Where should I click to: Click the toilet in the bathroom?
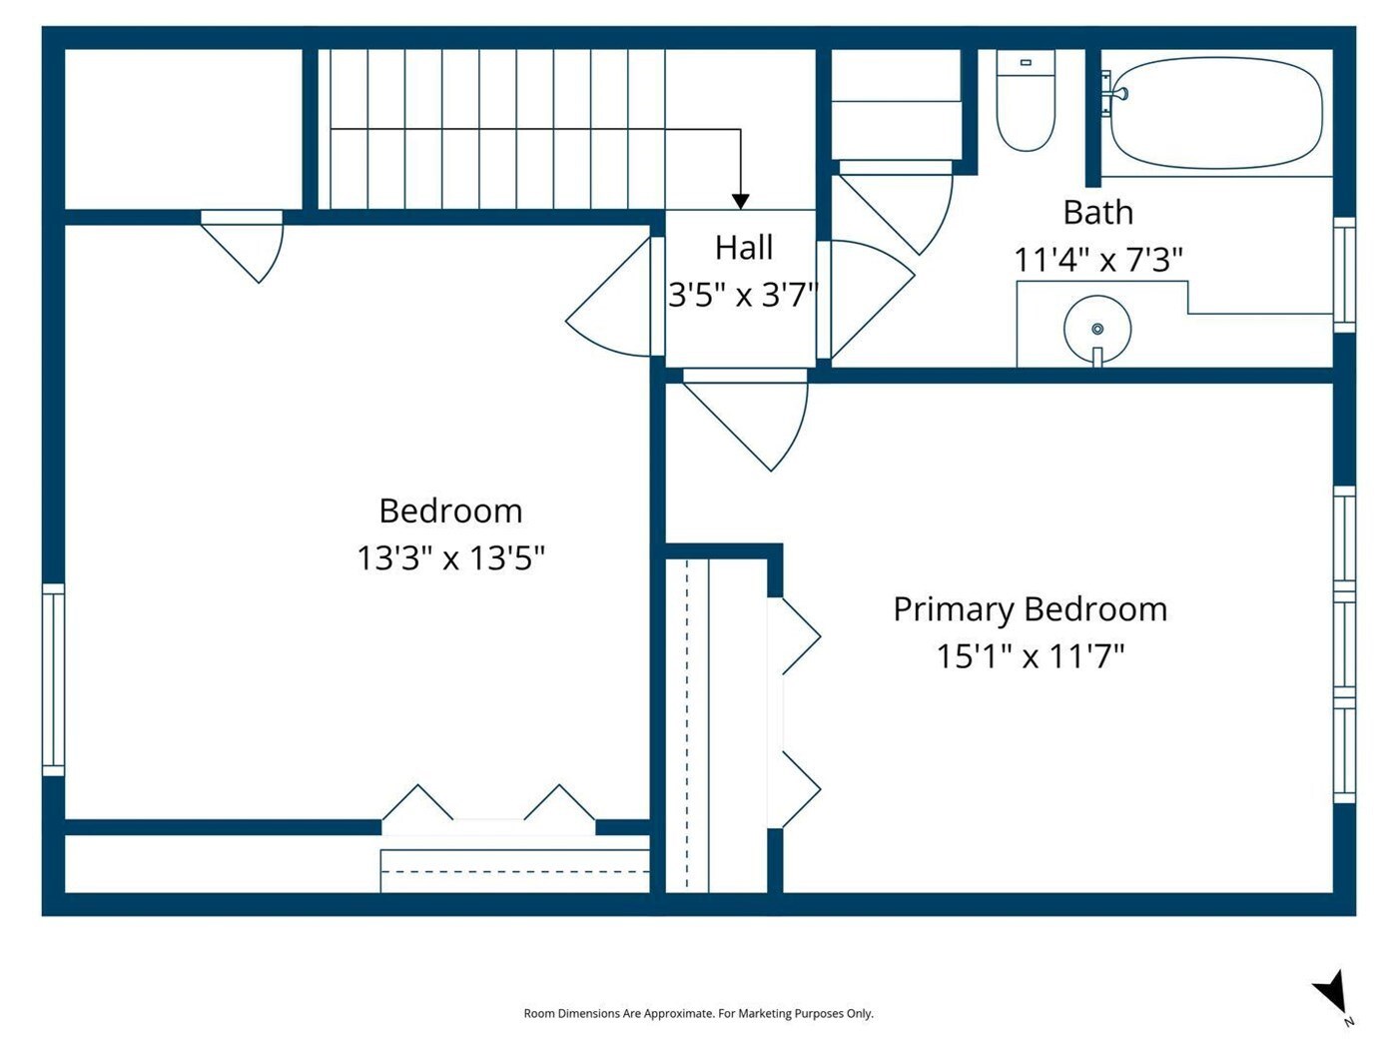(1026, 101)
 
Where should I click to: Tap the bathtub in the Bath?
(1216, 113)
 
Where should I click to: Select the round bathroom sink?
(1097, 330)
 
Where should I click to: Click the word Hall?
(743, 247)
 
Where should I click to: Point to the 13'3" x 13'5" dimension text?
(451, 557)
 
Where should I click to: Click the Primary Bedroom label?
(1030, 610)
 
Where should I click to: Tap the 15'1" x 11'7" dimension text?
(1030, 656)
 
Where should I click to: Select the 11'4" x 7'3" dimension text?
(1098, 259)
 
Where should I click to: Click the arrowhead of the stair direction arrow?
(740, 202)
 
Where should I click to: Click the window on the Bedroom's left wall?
(54, 679)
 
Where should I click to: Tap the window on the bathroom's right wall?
(1344, 275)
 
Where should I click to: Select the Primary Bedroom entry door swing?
(745, 421)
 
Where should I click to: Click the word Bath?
(1098, 212)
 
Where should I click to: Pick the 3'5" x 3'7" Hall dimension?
(743, 295)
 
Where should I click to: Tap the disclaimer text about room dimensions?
(698, 1013)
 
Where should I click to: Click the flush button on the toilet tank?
(1026, 62)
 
